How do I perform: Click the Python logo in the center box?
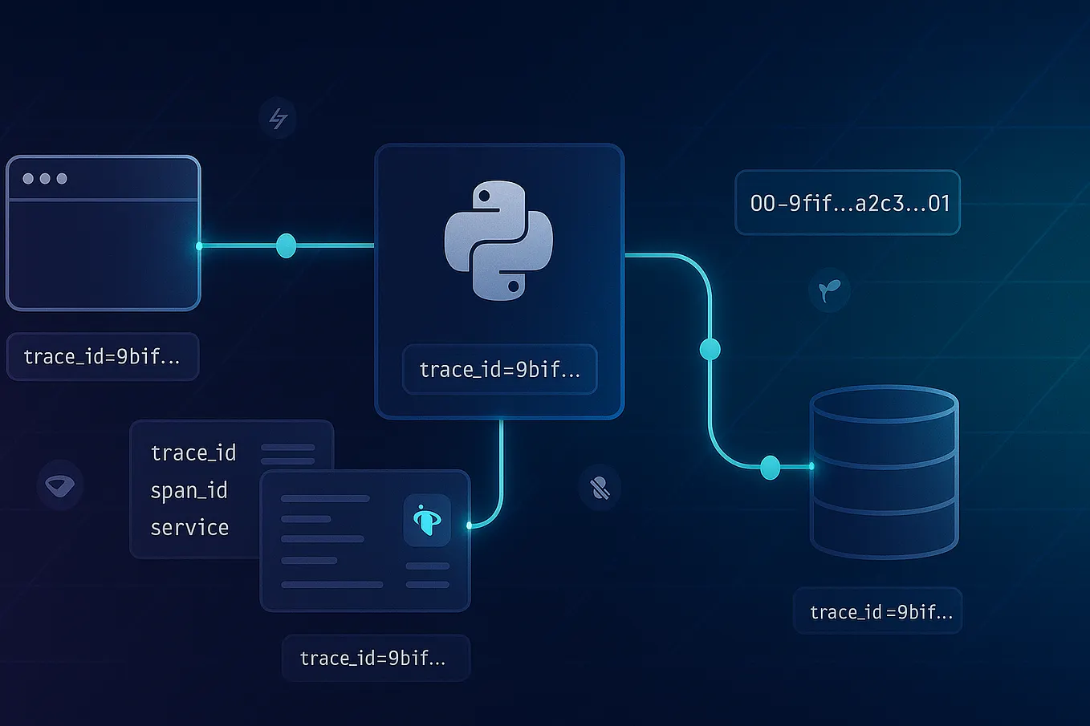(498, 241)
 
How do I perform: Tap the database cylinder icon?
(884, 472)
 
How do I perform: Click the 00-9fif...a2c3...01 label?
(848, 203)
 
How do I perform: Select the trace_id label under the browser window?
(102, 357)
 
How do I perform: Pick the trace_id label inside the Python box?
(499, 370)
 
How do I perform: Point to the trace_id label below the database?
(878, 612)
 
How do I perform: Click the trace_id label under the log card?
(373, 659)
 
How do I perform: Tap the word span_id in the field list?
(189, 490)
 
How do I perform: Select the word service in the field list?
(190, 527)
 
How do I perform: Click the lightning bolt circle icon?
(278, 119)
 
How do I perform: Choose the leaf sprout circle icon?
(829, 290)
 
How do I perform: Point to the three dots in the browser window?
(45, 178)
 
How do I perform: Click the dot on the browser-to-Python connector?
(286, 245)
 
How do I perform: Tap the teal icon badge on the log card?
(427, 520)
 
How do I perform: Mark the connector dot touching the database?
(770, 467)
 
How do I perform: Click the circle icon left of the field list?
(60, 485)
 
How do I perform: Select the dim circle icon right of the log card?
(600, 488)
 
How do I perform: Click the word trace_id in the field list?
(193, 453)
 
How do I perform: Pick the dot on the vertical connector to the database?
(710, 349)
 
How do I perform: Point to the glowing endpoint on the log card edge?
(470, 526)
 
